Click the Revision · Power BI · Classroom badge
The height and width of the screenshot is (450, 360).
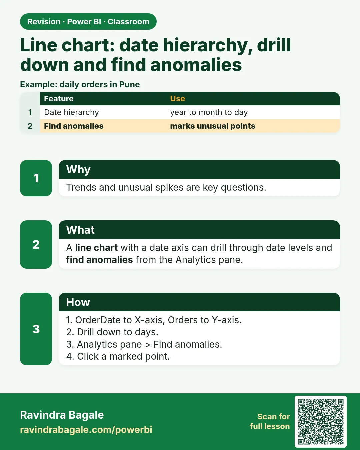[x=88, y=22]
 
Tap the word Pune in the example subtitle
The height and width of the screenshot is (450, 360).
[x=129, y=84]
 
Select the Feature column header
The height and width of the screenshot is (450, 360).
[x=59, y=98]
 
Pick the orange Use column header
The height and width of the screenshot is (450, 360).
[x=177, y=98]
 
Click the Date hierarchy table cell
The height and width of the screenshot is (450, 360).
[x=71, y=112]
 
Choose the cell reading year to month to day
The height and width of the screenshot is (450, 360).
[x=209, y=112]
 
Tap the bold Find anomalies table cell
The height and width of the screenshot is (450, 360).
[x=74, y=126]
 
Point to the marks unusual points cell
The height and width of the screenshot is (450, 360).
[x=213, y=126]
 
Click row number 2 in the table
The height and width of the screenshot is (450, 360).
[x=30, y=126]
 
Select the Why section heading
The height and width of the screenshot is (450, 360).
[x=78, y=169]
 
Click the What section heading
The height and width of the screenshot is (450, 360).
[x=80, y=230]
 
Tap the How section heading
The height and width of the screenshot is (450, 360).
[x=78, y=302]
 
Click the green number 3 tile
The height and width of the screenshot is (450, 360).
[x=36, y=329]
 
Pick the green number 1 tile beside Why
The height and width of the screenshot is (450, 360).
[x=36, y=178]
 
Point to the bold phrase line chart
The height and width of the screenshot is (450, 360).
[x=96, y=248]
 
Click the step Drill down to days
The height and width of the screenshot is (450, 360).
[x=112, y=332]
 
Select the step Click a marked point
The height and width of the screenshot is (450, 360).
[x=118, y=356]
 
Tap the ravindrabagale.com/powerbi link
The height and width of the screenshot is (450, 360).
[x=86, y=430]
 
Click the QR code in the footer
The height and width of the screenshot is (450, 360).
[x=320, y=422]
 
